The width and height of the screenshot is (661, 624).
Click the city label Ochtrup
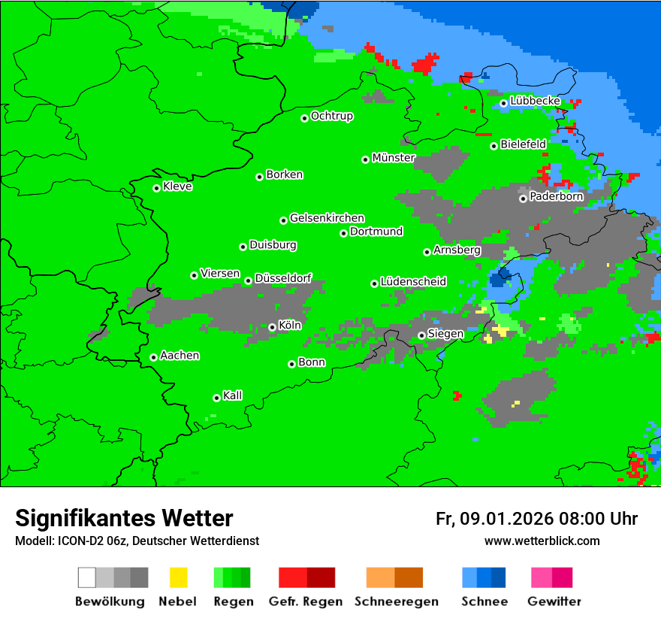[x=331, y=117]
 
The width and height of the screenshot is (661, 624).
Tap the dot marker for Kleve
[x=156, y=188]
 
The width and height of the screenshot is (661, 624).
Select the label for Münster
[x=393, y=158]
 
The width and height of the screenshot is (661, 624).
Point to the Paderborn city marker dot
[x=523, y=198]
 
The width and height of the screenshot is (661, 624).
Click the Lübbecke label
[x=535, y=101]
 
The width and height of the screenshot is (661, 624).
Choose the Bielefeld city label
[x=523, y=144]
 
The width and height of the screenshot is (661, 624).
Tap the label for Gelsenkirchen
[x=327, y=218]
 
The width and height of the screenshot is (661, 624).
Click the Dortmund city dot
[x=343, y=233]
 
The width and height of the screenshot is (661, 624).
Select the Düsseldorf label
[x=282, y=278]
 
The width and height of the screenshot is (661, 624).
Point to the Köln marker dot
[x=272, y=327]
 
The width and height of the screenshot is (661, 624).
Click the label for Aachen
[x=180, y=356]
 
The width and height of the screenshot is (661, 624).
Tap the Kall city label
[x=232, y=395]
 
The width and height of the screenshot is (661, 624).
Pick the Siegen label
[x=445, y=334]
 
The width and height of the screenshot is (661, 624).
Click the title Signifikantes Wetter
[x=124, y=518]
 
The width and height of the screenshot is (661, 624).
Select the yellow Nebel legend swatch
[x=178, y=577]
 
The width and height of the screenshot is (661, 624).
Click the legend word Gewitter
[x=554, y=601]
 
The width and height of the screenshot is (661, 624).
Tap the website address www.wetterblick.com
[x=542, y=541]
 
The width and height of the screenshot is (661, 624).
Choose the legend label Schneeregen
[x=394, y=601]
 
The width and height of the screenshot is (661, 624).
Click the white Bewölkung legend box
[x=87, y=577]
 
